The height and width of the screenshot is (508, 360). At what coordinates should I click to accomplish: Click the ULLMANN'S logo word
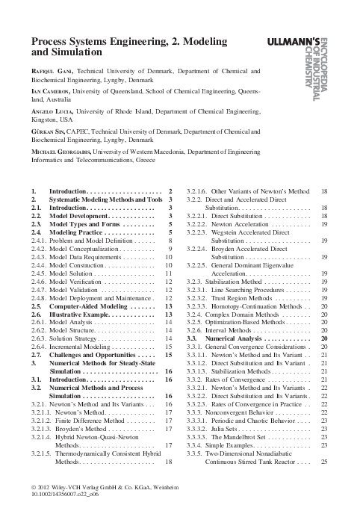click(298, 39)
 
